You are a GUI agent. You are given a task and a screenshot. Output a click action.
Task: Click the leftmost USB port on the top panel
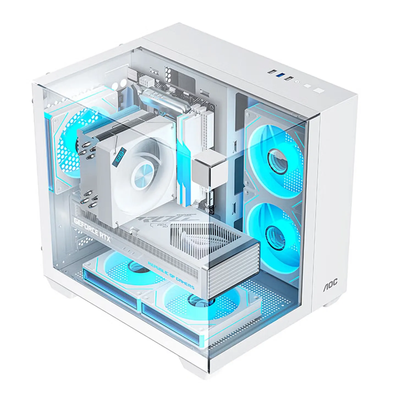click(271, 72)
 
